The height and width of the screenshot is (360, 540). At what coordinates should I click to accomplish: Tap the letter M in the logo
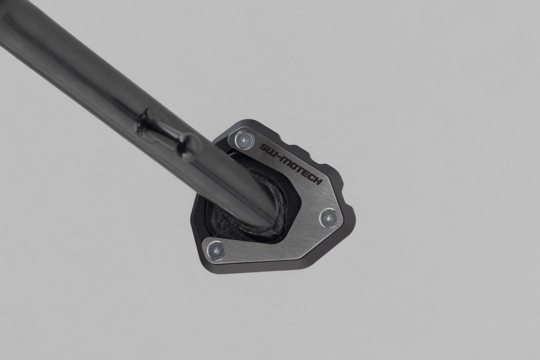pos(286,160)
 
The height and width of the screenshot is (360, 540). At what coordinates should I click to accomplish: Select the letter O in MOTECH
pos(294,165)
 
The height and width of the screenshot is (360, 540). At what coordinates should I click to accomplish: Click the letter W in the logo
pos(272,152)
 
